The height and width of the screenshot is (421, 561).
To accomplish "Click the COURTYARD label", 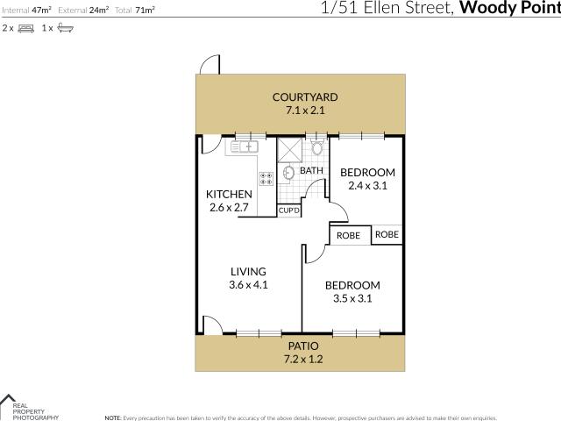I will coord(304,97).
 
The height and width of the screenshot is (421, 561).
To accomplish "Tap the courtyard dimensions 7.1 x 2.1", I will coord(304,111).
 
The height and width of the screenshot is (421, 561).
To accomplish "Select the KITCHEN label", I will coord(229,195).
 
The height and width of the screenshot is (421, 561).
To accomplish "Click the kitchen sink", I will coord(245,146).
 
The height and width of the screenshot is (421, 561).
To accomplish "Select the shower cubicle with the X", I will coord(289,149).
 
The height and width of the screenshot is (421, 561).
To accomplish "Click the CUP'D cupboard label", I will coord(289,210).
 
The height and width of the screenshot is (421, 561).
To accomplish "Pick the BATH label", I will coord(311,170).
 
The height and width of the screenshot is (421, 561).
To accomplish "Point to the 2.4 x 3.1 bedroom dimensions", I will coord(367,185).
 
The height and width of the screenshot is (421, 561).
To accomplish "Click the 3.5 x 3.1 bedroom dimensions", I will coord(352,298).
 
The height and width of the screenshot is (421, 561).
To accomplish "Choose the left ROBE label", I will coord(349,236).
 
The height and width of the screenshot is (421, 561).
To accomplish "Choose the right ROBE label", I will coord(387,234).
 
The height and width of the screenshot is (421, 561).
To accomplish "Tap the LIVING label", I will coord(248,272).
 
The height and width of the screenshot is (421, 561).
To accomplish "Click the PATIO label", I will coord(300,346).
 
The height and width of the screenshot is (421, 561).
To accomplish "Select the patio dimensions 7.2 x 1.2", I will coord(300,360).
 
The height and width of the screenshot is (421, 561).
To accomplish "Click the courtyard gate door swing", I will coord(209,66).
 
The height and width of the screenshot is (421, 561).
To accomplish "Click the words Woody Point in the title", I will coord(509,10).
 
